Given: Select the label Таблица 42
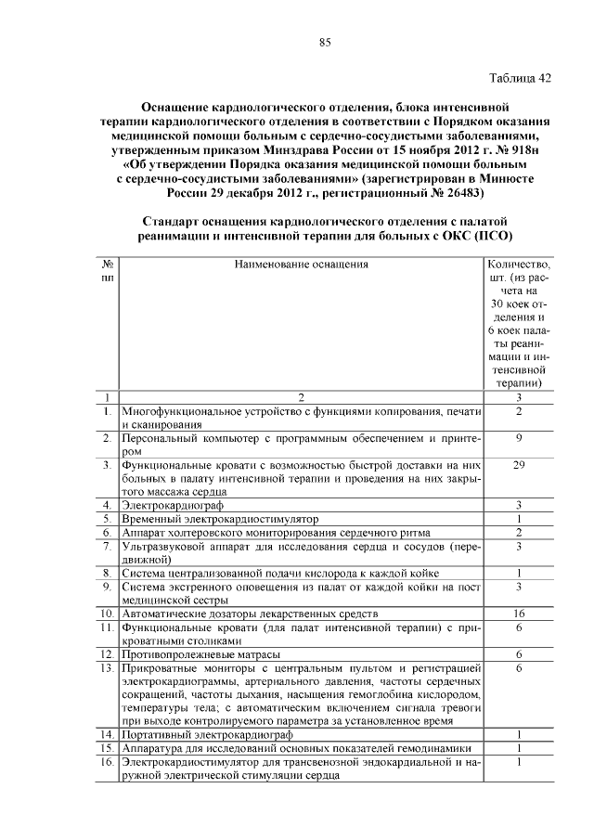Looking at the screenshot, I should [x=520, y=78].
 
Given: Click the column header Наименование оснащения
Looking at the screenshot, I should [x=302, y=264].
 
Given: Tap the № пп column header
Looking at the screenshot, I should [x=107, y=270].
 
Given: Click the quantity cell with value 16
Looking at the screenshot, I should [x=520, y=614].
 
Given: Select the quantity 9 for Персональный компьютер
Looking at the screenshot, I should [x=520, y=436].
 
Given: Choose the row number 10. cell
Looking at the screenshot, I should [x=107, y=614].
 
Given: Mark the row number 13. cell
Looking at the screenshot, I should [x=107, y=668].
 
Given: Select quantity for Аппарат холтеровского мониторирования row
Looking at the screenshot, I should [x=520, y=532].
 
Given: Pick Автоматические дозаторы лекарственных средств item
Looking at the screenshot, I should [x=251, y=614].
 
